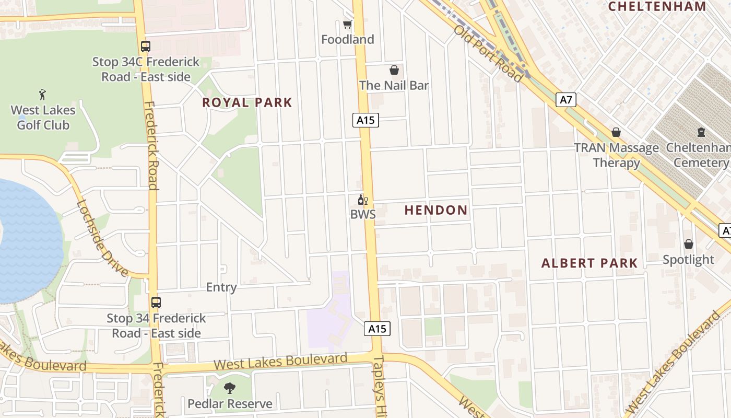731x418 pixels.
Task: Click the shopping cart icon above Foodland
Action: click(x=347, y=25)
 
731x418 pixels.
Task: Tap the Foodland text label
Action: click(x=347, y=40)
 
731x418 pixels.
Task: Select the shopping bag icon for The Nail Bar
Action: click(x=394, y=70)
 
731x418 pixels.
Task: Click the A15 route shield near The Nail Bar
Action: click(x=365, y=120)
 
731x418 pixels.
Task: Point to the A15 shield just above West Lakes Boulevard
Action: click(x=377, y=329)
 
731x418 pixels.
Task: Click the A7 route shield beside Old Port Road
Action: click(x=566, y=100)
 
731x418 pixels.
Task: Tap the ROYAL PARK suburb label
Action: click(x=247, y=102)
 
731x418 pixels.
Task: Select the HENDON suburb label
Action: click(x=436, y=211)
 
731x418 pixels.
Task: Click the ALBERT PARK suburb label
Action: click(x=589, y=263)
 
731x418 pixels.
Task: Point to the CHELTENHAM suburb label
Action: click(x=657, y=6)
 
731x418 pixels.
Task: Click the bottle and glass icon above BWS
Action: click(x=362, y=200)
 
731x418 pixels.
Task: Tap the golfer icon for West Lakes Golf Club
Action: click(x=43, y=95)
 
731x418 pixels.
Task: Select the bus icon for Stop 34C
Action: click(x=146, y=46)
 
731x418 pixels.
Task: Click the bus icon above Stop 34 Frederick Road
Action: click(x=156, y=302)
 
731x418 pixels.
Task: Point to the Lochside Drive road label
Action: click(x=102, y=238)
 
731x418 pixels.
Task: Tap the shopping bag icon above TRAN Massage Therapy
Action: click(x=616, y=133)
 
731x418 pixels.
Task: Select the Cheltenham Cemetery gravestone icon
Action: click(x=701, y=133)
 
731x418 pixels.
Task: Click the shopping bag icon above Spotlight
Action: click(x=688, y=244)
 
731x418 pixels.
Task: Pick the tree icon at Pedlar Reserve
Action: click(x=229, y=388)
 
